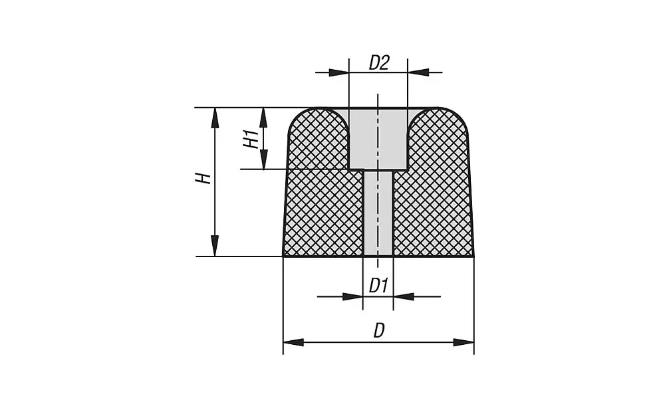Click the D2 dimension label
pyautogui.click(x=378, y=62)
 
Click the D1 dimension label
pyautogui.click(x=378, y=286)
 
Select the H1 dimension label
pyautogui.click(x=250, y=140)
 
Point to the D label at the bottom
pyautogui.click(x=378, y=330)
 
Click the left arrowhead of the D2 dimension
pyautogui.click(x=339, y=72)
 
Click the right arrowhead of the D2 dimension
pyautogui.click(x=417, y=72)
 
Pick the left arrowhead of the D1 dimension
pyautogui.click(x=353, y=296)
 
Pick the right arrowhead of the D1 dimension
pyautogui.click(x=403, y=296)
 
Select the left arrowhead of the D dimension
pyautogui.click(x=293, y=342)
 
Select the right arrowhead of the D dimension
pyautogui.click(x=464, y=342)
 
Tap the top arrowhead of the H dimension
pyautogui.click(x=215, y=118)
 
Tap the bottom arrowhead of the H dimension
pyautogui.click(x=215, y=246)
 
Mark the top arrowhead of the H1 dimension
pyautogui.click(x=263, y=117)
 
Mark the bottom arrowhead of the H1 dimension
pyautogui.click(x=263, y=159)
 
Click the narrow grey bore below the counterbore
pyautogui.click(x=378, y=213)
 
